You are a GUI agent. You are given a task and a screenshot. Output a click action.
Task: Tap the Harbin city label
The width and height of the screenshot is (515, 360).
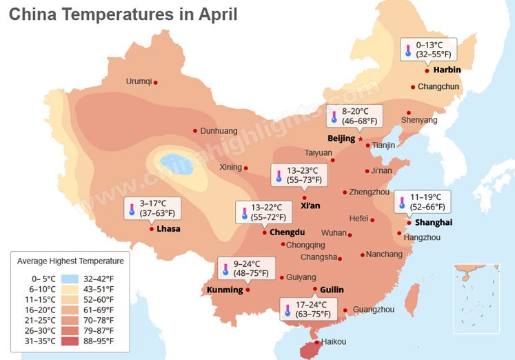(x=447, y=70)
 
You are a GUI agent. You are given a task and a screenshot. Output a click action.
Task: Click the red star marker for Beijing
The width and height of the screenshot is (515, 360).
(x=361, y=139)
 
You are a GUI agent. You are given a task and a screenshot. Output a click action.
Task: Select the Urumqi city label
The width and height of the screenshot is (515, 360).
(x=139, y=81)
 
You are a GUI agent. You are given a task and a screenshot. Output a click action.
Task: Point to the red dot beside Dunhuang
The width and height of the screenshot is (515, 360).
(x=195, y=130)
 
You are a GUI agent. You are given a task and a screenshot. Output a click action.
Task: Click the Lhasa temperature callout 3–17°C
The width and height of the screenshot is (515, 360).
(x=152, y=208)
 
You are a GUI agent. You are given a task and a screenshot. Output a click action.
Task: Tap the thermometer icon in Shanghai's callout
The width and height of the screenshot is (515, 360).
(x=402, y=202)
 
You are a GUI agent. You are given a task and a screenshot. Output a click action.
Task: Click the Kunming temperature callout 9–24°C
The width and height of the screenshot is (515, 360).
(x=246, y=268)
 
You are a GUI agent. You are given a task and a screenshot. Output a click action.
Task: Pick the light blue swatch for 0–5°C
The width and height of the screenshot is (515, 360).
(x=70, y=279)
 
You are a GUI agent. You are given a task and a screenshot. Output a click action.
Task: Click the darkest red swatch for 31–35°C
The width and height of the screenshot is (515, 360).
(x=70, y=341)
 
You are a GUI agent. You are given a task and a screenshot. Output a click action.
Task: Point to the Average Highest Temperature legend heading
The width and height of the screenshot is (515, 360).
(x=70, y=261)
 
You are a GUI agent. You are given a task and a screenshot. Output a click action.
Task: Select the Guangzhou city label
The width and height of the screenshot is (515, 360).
(x=373, y=310)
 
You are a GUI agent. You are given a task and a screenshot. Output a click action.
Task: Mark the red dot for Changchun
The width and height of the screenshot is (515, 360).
(x=412, y=87)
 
